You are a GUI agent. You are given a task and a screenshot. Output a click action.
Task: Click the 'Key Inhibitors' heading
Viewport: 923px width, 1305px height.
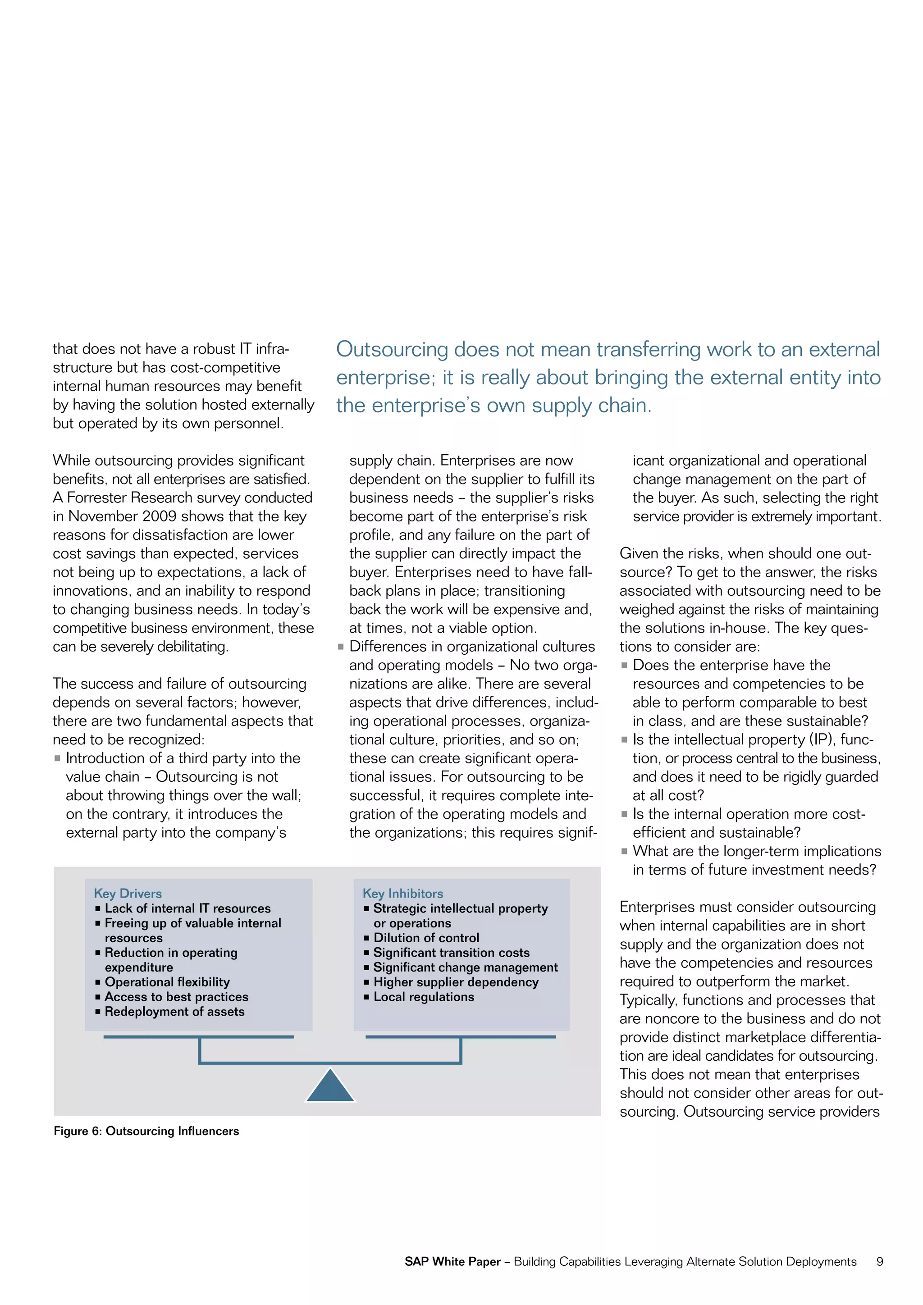402,893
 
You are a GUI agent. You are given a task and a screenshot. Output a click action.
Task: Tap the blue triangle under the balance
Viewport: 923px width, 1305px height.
330,1087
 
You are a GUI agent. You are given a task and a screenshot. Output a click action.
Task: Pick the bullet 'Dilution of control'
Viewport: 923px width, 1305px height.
426,937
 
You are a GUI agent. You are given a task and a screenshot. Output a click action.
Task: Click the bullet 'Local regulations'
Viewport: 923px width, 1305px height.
424,996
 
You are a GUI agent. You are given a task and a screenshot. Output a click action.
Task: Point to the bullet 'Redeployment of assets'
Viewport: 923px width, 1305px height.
174,1011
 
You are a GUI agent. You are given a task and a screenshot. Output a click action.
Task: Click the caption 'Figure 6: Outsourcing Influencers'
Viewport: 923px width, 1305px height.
146,1131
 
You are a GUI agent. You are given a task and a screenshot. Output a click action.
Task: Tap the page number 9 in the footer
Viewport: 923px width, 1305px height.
879,1261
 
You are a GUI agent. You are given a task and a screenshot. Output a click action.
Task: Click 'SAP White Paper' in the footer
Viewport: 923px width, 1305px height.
452,1261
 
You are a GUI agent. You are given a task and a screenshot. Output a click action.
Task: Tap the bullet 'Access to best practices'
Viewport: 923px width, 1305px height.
176,996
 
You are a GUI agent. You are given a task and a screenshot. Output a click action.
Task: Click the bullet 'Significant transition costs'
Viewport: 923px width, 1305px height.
451,952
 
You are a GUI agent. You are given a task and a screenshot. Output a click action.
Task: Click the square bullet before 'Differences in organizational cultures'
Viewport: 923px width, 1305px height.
340,647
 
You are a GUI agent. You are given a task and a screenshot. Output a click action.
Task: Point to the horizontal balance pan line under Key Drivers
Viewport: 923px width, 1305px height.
198,1037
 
